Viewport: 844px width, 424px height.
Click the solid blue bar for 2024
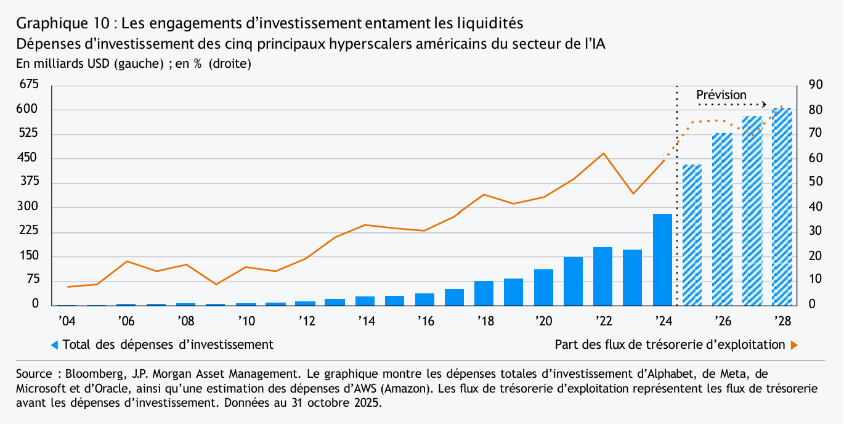(662, 259)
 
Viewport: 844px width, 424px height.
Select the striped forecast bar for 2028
(782, 206)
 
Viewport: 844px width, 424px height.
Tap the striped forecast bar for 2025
(692, 235)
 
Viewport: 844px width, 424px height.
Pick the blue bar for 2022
(603, 276)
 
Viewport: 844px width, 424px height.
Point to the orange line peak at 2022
(603, 153)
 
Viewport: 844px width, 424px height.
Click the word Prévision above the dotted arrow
(721, 95)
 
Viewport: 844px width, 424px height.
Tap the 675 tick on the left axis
(30, 85)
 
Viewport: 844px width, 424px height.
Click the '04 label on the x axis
(67, 321)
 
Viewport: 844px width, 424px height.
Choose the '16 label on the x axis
(425, 321)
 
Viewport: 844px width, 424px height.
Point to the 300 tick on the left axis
(30, 207)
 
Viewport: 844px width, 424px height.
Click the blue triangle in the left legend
(54, 345)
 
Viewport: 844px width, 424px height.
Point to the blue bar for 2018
(484, 293)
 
